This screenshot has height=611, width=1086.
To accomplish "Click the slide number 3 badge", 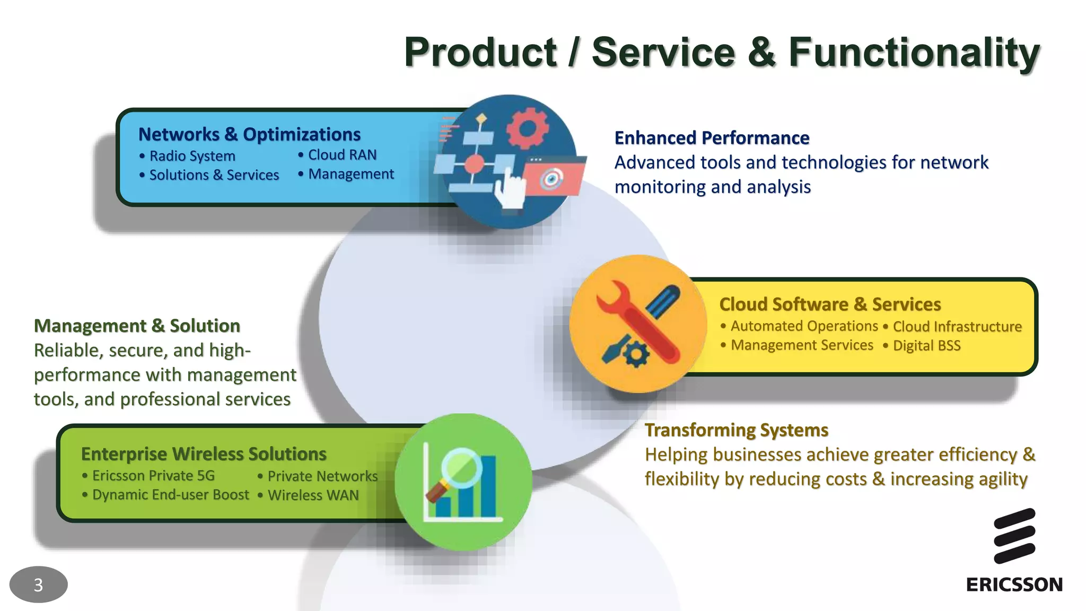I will (x=38, y=584).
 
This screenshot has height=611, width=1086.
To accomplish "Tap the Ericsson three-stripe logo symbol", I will (x=1014, y=536).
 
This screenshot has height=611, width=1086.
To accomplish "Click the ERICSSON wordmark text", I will (x=1014, y=584).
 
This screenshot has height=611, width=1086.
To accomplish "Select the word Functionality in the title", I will (x=914, y=52).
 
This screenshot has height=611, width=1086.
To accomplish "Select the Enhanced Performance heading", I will (x=712, y=138).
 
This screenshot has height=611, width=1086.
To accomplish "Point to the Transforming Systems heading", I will (x=736, y=430).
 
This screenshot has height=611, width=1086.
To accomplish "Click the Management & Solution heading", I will (x=137, y=326).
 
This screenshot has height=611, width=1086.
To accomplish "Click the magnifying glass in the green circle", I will (x=457, y=470).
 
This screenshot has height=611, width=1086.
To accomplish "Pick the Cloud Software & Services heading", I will (x=830, y=304).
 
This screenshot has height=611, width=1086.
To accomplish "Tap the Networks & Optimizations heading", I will (x=249, y=135).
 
